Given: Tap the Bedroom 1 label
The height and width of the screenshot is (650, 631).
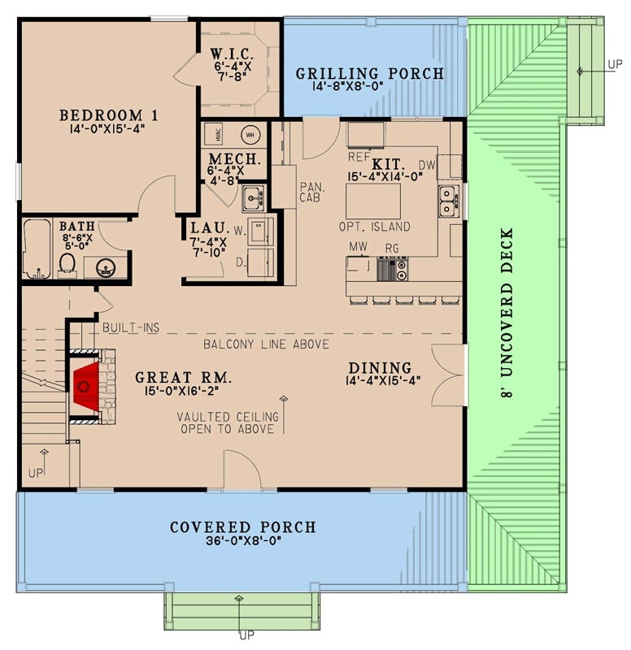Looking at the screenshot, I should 108,115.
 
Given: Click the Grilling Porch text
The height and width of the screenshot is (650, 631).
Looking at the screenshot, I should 370,74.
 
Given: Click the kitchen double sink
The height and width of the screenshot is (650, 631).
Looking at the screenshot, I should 447,201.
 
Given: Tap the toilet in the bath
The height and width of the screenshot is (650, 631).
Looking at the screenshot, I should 67,263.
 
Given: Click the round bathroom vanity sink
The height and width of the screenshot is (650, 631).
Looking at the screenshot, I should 104,268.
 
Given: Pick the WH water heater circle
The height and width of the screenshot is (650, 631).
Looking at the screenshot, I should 250,134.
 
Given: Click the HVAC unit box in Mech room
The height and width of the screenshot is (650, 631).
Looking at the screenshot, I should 215,134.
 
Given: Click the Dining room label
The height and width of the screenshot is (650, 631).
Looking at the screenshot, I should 379,368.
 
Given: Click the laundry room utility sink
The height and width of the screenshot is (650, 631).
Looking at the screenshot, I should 252,196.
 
